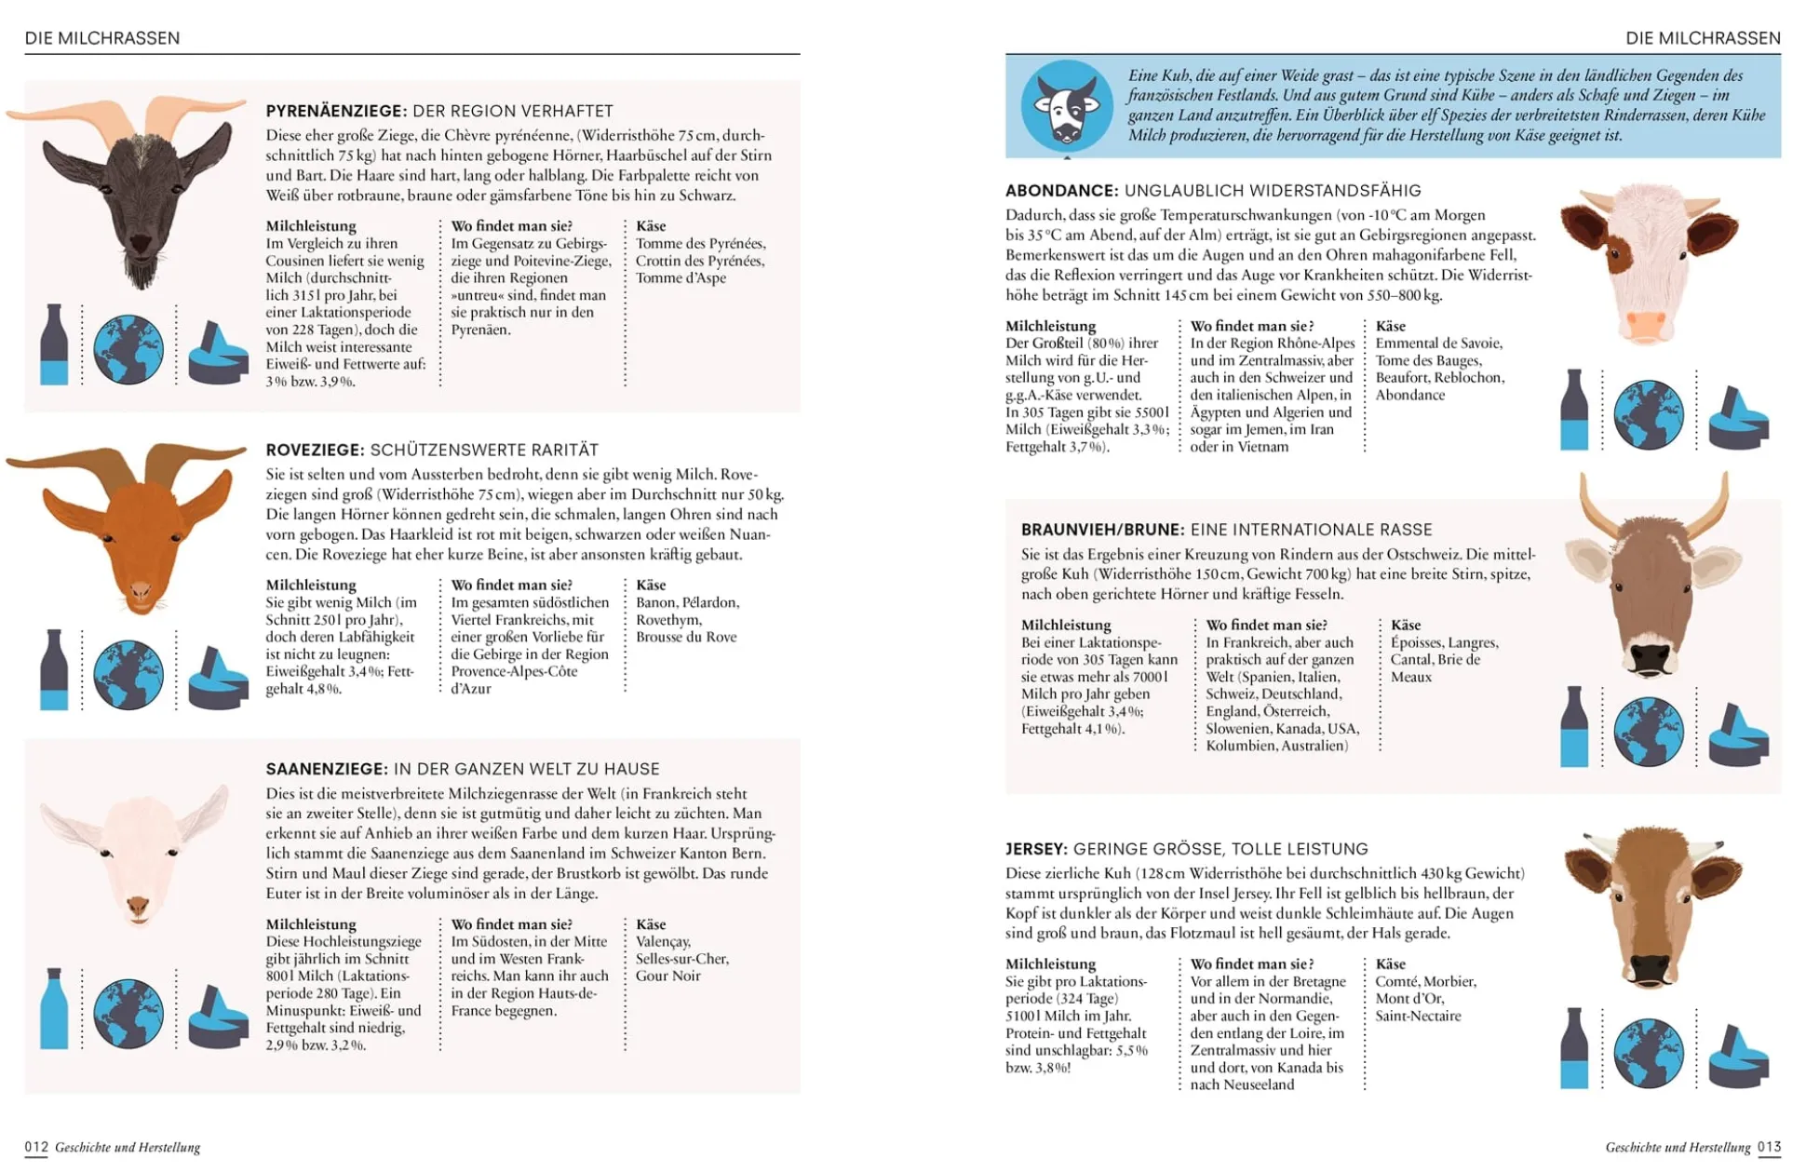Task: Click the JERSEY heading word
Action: pos(1035,849)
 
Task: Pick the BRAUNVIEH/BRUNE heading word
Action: pos(1102,530)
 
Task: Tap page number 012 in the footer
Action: pos(36,1147)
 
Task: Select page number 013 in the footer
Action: pos(1769,1147)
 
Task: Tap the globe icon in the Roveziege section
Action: pos(128,674)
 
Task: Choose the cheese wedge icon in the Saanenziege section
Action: pos(218,1016)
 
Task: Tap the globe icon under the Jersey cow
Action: pos(1648,1053)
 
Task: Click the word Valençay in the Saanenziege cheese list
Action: pos(663,942)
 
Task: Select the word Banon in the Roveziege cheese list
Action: pos(655,603)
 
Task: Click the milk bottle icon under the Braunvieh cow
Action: pos(1574,727)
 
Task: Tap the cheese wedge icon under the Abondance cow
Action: pos(1738,418)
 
